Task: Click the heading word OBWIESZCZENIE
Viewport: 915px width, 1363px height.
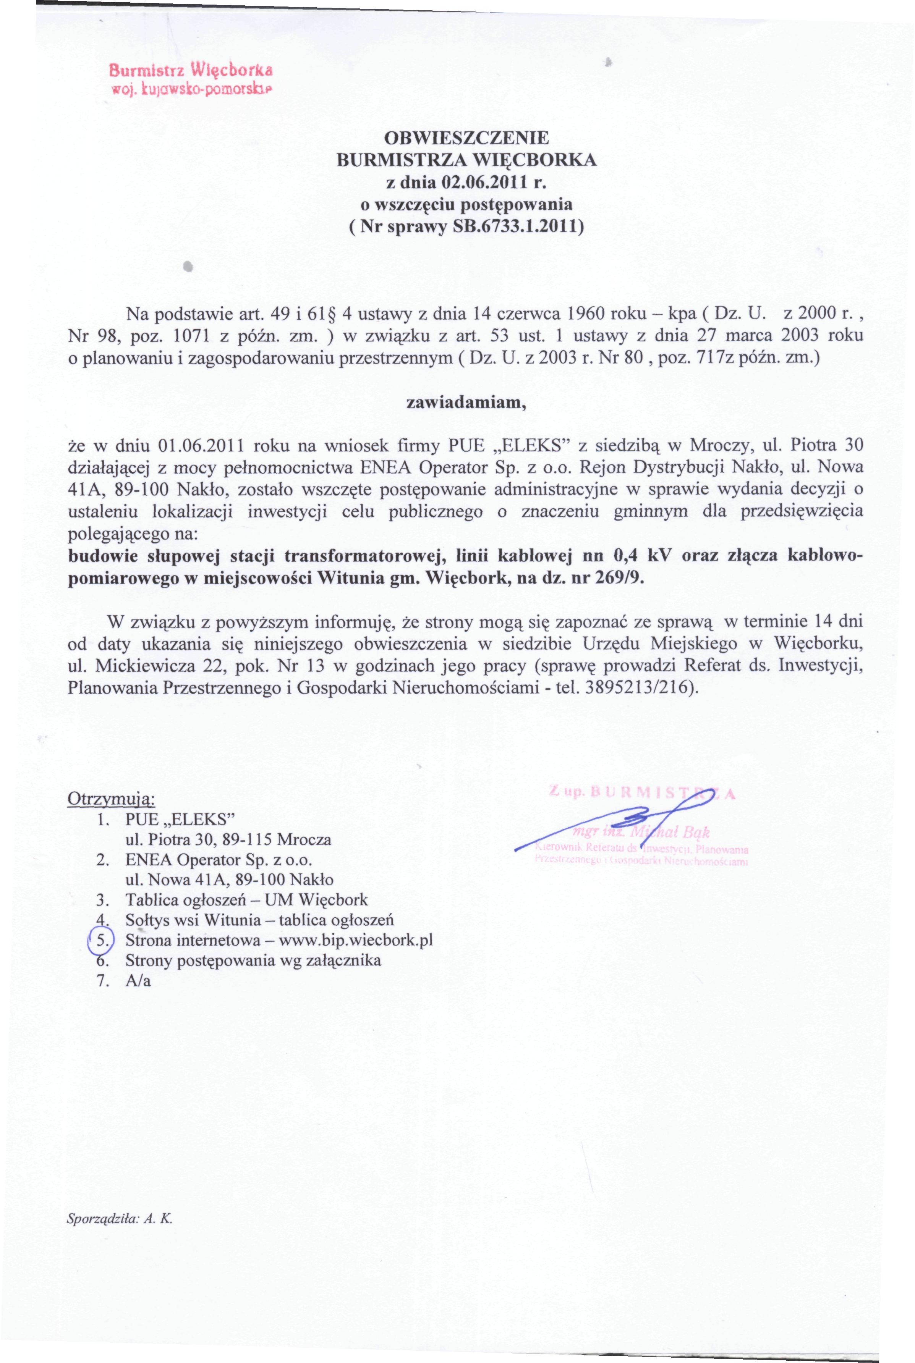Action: pyautogui.click(x=466, y=139)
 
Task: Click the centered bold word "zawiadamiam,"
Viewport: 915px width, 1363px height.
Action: pyautogui.click(x=466, y=405)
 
